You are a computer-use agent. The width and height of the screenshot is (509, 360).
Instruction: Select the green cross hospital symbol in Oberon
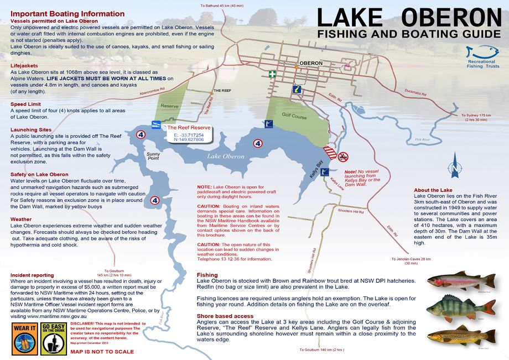[x=272, y=74]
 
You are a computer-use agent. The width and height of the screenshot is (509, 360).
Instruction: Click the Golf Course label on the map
[x=294, y=116]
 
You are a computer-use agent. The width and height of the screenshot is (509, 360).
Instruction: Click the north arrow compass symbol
[x=455, y=168]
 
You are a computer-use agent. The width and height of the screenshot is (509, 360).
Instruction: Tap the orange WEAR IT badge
[x=25, y=338]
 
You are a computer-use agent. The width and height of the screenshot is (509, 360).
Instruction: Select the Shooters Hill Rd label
[x=351, y=212]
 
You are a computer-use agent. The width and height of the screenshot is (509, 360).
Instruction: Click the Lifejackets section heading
[x=24, y=65]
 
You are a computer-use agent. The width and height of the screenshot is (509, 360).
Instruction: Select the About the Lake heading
[x=433, y=190]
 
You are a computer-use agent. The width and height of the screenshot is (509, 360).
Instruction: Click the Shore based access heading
[x=225, y=316]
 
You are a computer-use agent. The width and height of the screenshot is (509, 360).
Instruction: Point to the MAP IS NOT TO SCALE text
[x=102, y=352]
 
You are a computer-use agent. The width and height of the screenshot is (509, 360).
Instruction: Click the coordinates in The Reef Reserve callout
[x=188, y=137]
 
